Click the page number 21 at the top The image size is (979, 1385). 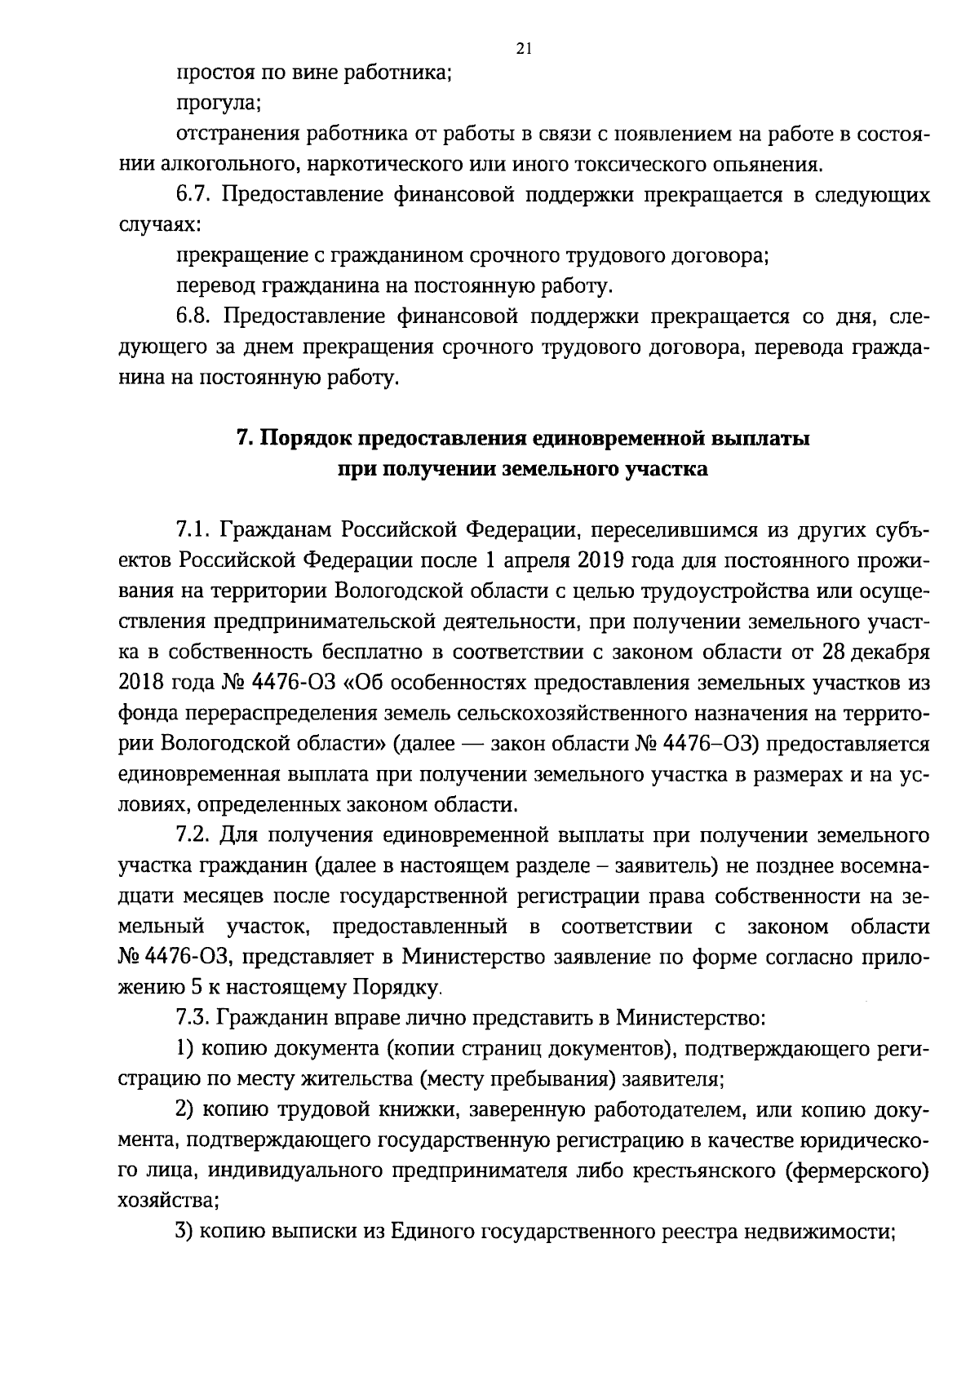pos(524,49)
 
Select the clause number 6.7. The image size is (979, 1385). pos(195,195)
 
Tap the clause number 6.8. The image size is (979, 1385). pos(195,316)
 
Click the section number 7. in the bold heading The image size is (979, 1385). pos(245,439)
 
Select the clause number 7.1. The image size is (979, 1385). pos(194,531)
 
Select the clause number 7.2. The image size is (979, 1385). pos(194,836)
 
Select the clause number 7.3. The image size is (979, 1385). pos(194,1019)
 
